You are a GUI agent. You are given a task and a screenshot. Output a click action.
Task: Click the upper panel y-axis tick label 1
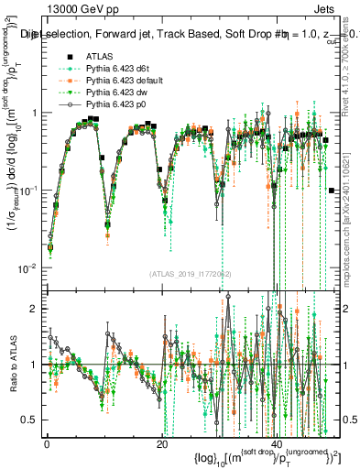pyautogui.click(x=35, y=113)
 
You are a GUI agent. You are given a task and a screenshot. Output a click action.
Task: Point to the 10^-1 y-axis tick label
pyautogui.click(x=28, y=191)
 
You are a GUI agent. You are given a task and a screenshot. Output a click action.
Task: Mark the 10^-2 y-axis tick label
pyautogui.click(x=28, y=267)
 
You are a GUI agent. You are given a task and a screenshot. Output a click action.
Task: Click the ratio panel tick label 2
pyautogui.click(x=35, y=309)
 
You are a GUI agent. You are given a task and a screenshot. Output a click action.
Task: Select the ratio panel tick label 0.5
pyautogui.click(x=29, y=420)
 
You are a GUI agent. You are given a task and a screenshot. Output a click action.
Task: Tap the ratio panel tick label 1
pyautogui.click(x=35, y=365)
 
